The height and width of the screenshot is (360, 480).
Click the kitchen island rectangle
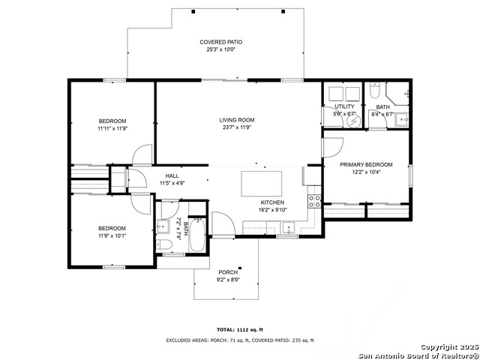pyautogui.click(x=261, y=184)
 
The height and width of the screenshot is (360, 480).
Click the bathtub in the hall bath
pyautogui.click(x=196, y=235)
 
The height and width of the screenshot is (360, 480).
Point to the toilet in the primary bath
pyautogui.click(x=375, y=91)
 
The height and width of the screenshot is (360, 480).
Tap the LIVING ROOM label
pyautogui.click(x=237, y=120)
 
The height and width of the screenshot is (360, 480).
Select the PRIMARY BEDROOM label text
pyautogui.click(x=365, y=164)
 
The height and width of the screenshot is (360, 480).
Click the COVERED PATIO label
pyautogui.click(x=220, y=42)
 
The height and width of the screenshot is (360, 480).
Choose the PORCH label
pyautogui.click(x=227, y=272)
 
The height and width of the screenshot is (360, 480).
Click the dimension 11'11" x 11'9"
pyautogui.click(x=112, y=128)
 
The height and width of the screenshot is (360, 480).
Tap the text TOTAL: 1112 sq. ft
pyautogui.click(x=239, y=330)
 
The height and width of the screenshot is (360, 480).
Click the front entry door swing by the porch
pyautogui.click(x=223, y=223)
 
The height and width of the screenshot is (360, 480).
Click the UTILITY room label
pyautogui.click(x=344, y=106)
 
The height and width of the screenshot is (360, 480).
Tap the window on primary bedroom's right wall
pyautogui.click(x=410, y=174)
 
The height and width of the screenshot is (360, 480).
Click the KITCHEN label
pyautogui.click(x=271, y=202)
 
